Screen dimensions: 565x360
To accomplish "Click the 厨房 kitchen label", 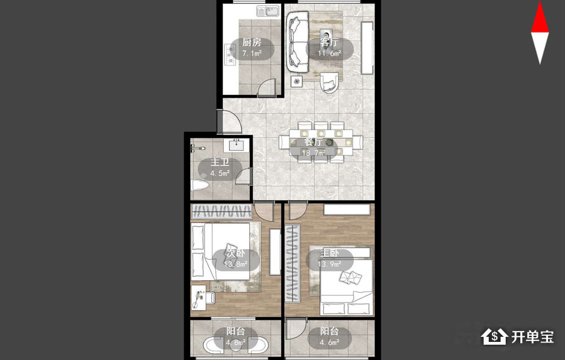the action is coord(251,42).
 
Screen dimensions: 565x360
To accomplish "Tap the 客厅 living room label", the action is coord(329,42).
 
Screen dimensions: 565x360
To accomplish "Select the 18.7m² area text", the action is coord(314,153).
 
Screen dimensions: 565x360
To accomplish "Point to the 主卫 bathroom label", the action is coord(220,163).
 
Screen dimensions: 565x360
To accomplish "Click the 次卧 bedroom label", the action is coord(235,253).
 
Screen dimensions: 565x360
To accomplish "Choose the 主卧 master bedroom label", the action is coord(329,253).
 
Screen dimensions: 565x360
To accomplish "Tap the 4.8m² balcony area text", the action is coord(236,342).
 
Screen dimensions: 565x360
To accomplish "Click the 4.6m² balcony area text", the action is coord(329,342).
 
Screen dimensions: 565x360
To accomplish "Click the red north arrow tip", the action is coord(540,2).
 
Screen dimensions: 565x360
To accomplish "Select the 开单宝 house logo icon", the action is coord(494,337).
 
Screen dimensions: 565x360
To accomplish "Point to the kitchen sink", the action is coord(268,11).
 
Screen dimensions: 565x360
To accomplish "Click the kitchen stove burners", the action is coord(229,54).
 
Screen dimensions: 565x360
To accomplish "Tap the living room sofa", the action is coord(298,41).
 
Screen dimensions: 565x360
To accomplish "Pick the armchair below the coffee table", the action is coord(329,83).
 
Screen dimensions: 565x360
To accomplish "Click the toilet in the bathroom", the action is coord(199,185).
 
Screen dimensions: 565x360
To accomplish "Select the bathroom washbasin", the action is coord(237,145).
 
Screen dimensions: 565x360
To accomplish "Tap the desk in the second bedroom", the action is coord(198,297).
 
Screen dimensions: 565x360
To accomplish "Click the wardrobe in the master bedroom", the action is coord(292,263).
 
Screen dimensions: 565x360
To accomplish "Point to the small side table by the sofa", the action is coord(297,81).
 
